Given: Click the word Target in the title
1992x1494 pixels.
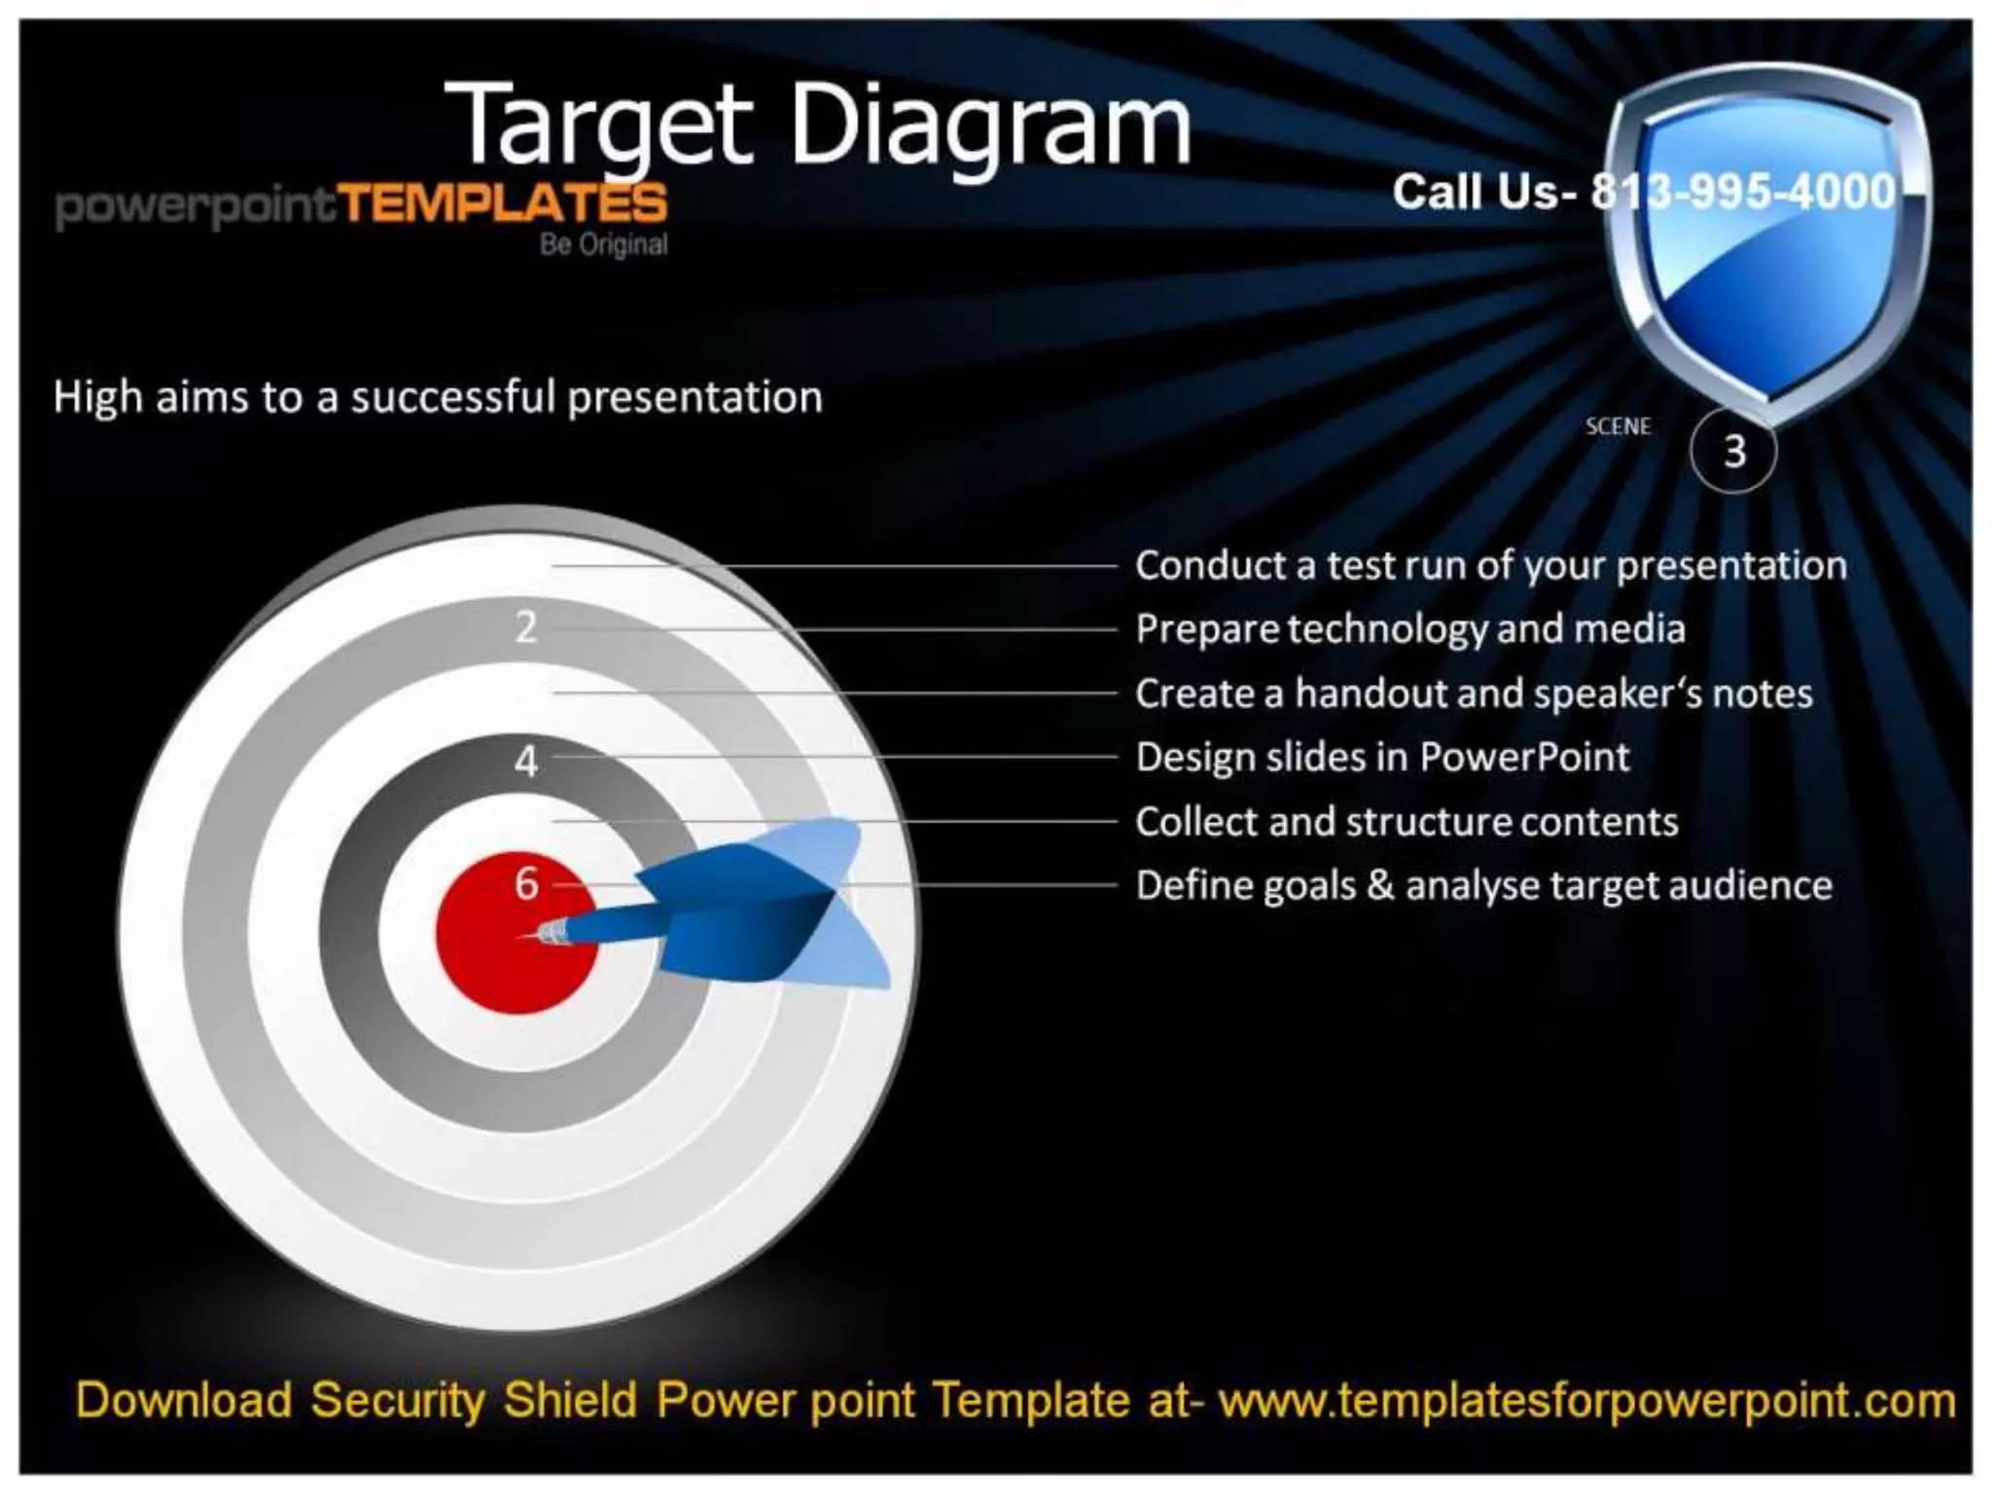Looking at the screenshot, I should (x=598, y=126).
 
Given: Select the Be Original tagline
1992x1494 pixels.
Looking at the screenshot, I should (x=603, y=244).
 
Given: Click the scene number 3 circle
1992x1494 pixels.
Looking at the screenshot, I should (x=1733, y=451).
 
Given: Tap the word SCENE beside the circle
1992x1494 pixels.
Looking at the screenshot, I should (x=1618, y=427).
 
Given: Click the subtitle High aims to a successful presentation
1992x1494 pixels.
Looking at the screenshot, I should (x=438, y=398).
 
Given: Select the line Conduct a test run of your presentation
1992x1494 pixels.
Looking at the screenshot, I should (x=1490, y=566).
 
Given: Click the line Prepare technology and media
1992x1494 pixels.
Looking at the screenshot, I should (x=1409, y=629).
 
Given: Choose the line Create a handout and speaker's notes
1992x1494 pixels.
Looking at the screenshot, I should (x=1474, y=694).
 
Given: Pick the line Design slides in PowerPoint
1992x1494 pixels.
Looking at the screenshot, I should (x=1381, y=758).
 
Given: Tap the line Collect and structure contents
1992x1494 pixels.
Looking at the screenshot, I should (x=1406, y=822).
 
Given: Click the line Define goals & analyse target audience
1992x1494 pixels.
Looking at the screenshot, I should (x=1483, y=886).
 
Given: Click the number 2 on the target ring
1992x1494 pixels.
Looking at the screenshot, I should (x=526, y=627).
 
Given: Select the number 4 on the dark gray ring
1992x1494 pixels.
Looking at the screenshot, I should (x=526, y=761).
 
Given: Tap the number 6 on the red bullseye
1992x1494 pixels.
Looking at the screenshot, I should (x=526, y=883).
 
